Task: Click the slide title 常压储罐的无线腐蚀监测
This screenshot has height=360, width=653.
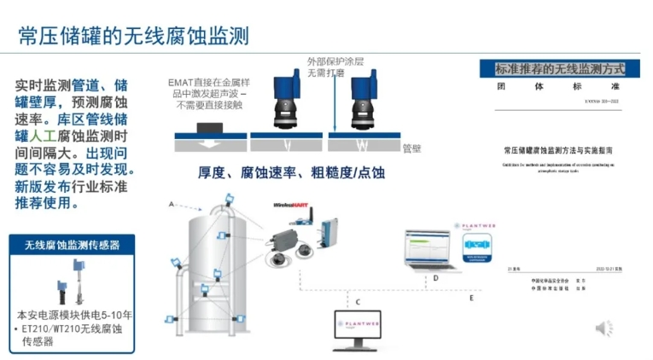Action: point(134,36)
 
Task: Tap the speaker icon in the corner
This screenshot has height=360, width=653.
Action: point(603,328)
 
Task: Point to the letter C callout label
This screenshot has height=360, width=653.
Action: point(359,302)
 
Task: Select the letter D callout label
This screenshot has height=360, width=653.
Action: point(435,278)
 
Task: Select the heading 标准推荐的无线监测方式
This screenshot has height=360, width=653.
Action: point(560,68)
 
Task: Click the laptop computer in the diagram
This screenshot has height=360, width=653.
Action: point(432,251)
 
